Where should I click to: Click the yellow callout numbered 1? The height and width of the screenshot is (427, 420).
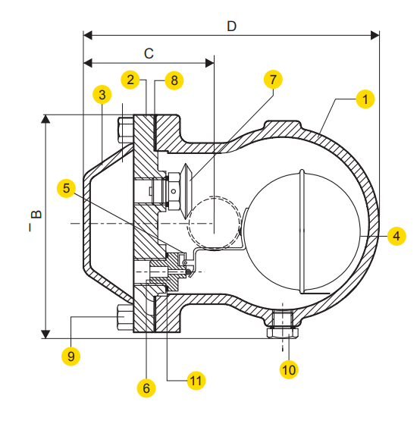point(365,99)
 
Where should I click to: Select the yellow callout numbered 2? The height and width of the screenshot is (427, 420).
point(131,79)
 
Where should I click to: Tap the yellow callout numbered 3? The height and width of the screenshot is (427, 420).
point(101,94)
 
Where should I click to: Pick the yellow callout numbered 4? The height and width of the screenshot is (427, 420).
point(394,236)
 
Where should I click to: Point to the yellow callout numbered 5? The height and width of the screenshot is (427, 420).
point(67,187)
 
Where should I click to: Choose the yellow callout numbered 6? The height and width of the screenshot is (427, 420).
point(146,388)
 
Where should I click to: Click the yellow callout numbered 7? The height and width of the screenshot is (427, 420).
point(272,79)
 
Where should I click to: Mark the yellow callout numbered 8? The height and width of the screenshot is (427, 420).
point(173,79)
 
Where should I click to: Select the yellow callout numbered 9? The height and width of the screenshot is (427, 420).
point(71,354)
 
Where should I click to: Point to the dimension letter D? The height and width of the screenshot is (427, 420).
point(231,25)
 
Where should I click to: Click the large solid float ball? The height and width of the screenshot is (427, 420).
point(307,231)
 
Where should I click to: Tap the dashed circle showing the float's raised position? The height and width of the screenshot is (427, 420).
point(214,222)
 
